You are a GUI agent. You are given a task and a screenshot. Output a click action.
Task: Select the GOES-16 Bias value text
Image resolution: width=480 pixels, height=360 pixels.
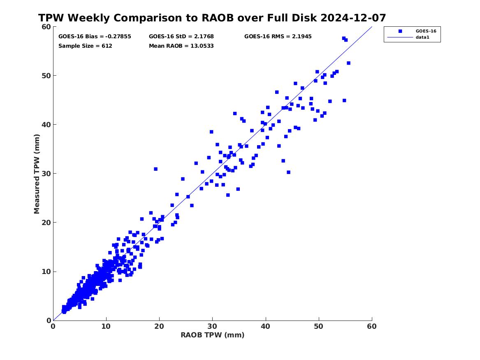click(95, 37)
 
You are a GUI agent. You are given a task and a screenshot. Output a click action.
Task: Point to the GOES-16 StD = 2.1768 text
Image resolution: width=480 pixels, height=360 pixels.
click(181, 37)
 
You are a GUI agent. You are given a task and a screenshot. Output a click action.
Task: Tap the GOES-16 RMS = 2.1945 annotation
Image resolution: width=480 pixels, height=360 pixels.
click(278, 37)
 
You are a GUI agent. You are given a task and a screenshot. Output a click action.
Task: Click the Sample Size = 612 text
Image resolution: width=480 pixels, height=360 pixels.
click(85, 46)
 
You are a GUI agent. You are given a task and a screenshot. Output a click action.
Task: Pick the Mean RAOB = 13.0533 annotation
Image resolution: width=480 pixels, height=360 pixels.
click(181, 46)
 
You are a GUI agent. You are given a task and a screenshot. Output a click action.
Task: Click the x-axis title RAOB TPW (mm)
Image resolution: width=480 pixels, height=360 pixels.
click(213, 335)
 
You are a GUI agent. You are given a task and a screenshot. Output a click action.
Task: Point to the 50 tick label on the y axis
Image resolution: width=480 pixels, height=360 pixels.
click(45, 76)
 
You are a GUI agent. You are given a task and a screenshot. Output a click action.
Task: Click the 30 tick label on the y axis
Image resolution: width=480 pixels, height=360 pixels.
click(45, 174)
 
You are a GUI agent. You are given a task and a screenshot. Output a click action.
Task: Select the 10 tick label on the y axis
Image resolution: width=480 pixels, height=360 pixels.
click(45, 272)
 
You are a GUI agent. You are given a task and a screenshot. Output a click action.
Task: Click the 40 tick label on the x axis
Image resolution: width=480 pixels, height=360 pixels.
click(266, 326)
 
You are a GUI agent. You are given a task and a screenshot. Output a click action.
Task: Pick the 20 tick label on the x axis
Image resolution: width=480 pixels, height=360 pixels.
click(159, 326)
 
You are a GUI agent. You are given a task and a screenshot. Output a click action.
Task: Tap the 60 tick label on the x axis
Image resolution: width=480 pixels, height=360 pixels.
click(372, 326)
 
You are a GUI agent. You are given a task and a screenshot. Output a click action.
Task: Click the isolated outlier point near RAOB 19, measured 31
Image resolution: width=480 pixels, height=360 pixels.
click(155, 169)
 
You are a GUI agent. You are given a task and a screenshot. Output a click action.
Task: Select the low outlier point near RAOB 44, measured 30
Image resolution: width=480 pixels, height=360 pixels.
click(288, 172)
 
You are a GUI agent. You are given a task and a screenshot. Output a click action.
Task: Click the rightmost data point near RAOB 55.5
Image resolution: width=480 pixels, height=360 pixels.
click(348, 63)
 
